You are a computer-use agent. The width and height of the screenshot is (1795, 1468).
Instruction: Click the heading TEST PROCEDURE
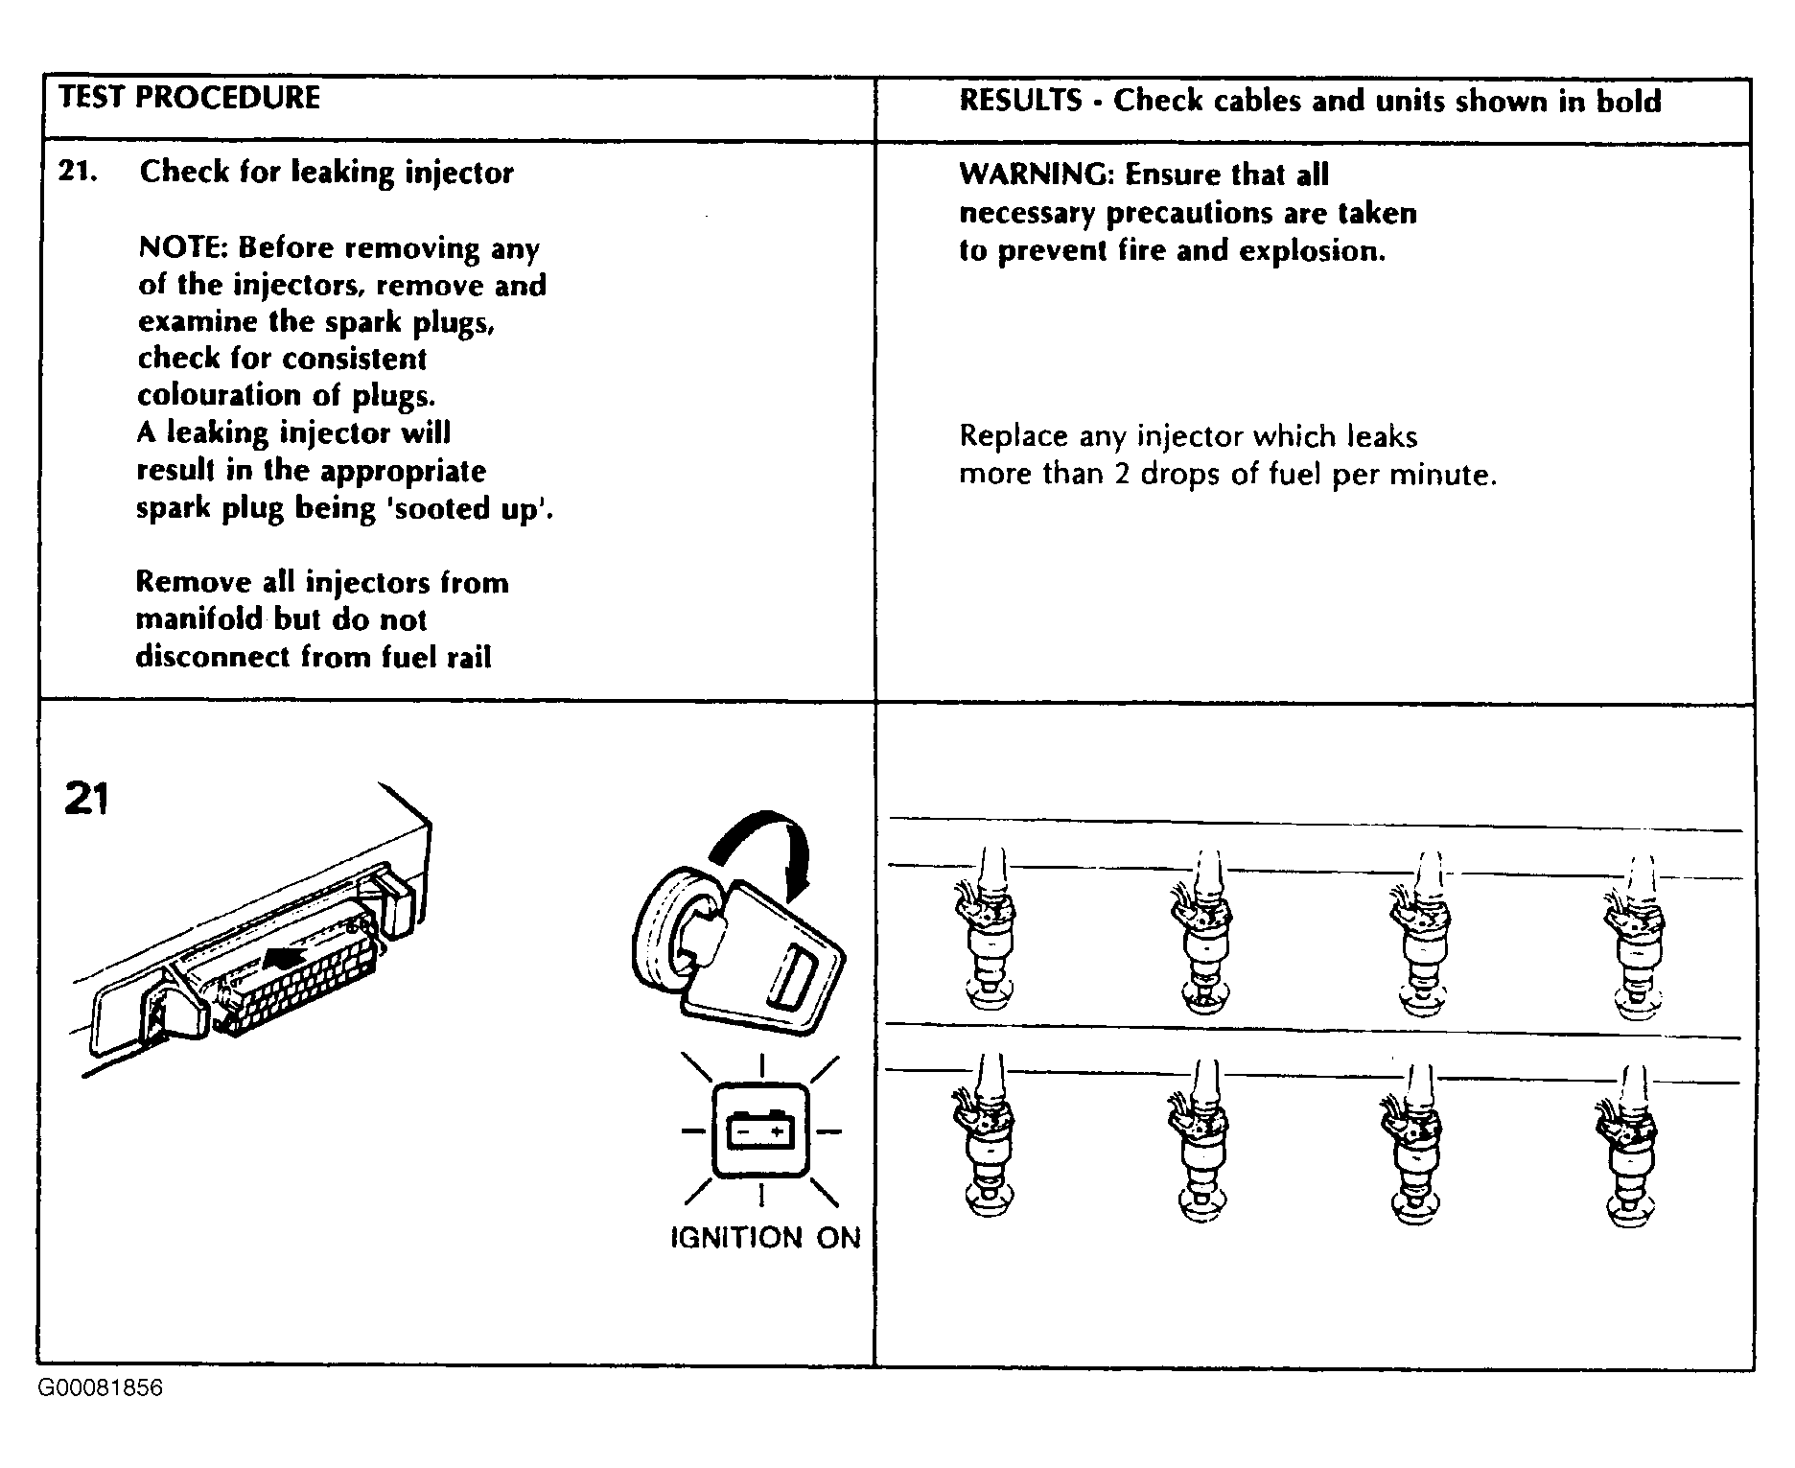tap(189, 98)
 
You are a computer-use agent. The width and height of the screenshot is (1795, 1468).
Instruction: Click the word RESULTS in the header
tap(1020, 101)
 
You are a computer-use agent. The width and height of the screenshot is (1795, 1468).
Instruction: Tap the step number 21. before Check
tap(78, 172)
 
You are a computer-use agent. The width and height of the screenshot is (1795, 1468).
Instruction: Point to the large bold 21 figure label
tap(86, 799)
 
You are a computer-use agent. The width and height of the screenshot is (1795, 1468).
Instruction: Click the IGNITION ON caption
tap(764, 1238)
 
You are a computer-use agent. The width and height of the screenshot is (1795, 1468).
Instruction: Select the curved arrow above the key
tap(767, 844)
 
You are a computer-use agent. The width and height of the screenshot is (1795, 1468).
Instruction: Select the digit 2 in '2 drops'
tap(1122, 475)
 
